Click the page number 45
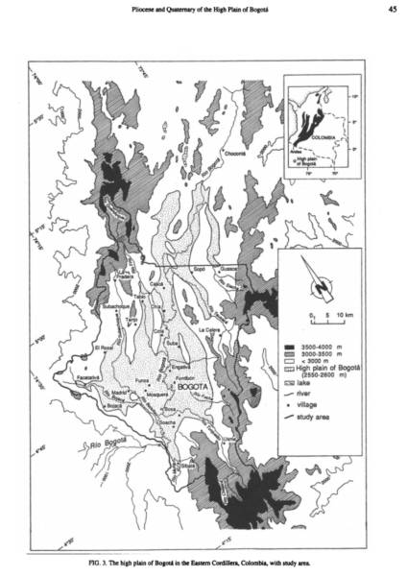tap(392, 11)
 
